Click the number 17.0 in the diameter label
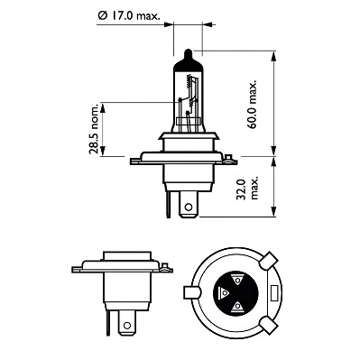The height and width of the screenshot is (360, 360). coord(129,15)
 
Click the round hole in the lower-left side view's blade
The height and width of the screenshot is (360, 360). coord(125,322)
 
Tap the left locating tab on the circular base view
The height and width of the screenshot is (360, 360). coord(192,292)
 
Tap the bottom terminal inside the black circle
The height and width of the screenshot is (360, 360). coord(238,307)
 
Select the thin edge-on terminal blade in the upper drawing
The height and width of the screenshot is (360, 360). coord(169,204)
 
